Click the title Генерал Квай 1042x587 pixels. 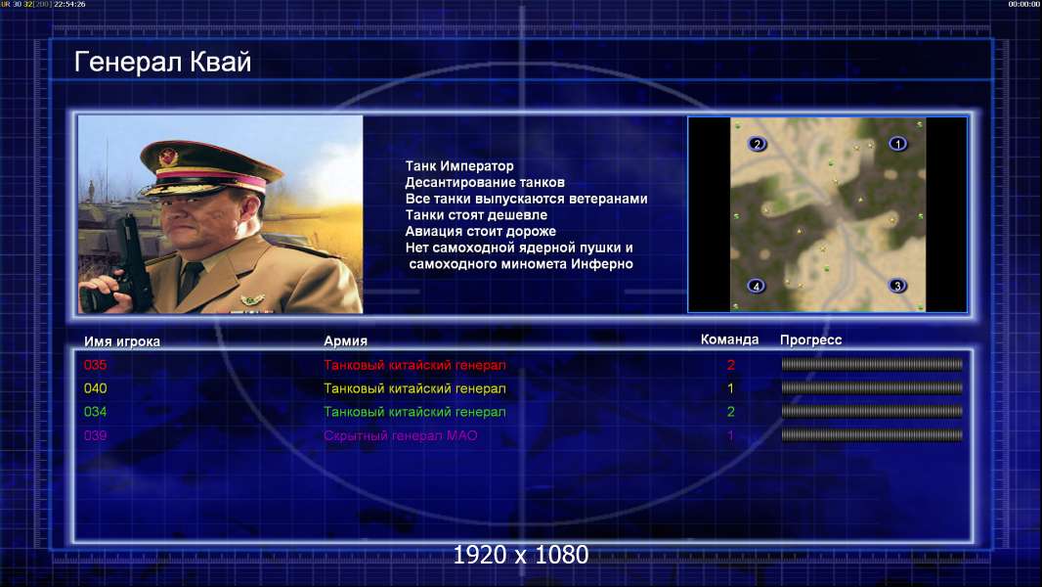(x=163, y=63)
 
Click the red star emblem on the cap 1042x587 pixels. (x=169, y=158)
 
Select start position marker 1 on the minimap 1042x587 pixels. (x=897, y=144)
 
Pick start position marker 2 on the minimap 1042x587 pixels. (x=757, y=144)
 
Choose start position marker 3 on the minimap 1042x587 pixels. (x=897, y=286)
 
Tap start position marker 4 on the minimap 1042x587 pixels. (x=757, y=286)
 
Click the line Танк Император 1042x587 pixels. (x=459, y=166)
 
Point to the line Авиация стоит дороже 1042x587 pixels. (x=481, y=231)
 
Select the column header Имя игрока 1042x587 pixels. (x=121, y=341)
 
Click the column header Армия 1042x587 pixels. (x=346, y=341)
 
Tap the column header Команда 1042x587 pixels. (x=729, y=339)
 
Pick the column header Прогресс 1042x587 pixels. (x=810, y=340)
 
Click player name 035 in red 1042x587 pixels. (x=95, y=365)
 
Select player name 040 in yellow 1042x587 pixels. (x=95, y=388)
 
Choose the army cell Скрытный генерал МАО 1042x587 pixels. (x=400, y=436)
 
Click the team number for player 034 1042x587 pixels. (x=731, y=412)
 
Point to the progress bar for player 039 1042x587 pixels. (x=872, y=435)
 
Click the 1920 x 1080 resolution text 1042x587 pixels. (x=521, y=555)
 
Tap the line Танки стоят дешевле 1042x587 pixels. (x=476, y=215)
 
